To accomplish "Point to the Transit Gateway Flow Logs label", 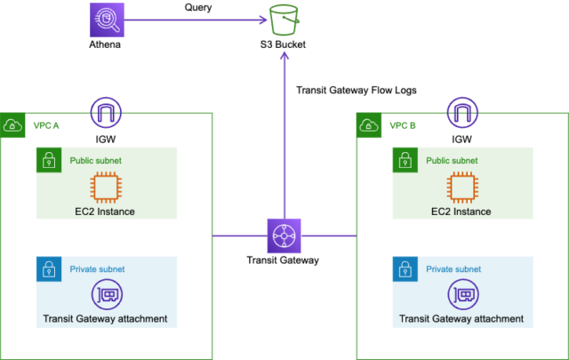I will [x=356, y=90].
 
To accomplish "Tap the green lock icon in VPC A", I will [x=48, y=160].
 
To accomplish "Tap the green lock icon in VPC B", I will [x=405, y=160].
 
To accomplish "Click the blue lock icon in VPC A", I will [x=48, y=268].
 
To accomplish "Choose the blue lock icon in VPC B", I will [x=405, y=268].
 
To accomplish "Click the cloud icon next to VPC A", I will [x=13, y=125].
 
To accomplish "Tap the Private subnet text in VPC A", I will [x=98, y=268].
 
